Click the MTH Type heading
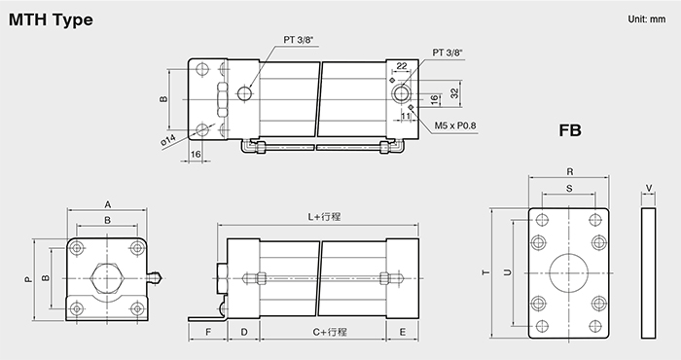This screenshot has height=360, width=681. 51,20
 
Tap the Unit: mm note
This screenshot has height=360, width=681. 646,19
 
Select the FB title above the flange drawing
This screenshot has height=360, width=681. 570,130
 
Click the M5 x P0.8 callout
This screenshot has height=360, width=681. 455,126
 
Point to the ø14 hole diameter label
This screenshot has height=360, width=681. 168,140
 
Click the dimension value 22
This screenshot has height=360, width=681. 402,66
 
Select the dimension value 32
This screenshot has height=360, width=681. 454,93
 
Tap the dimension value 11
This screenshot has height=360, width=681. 406,116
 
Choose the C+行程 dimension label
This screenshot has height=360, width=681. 330,332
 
